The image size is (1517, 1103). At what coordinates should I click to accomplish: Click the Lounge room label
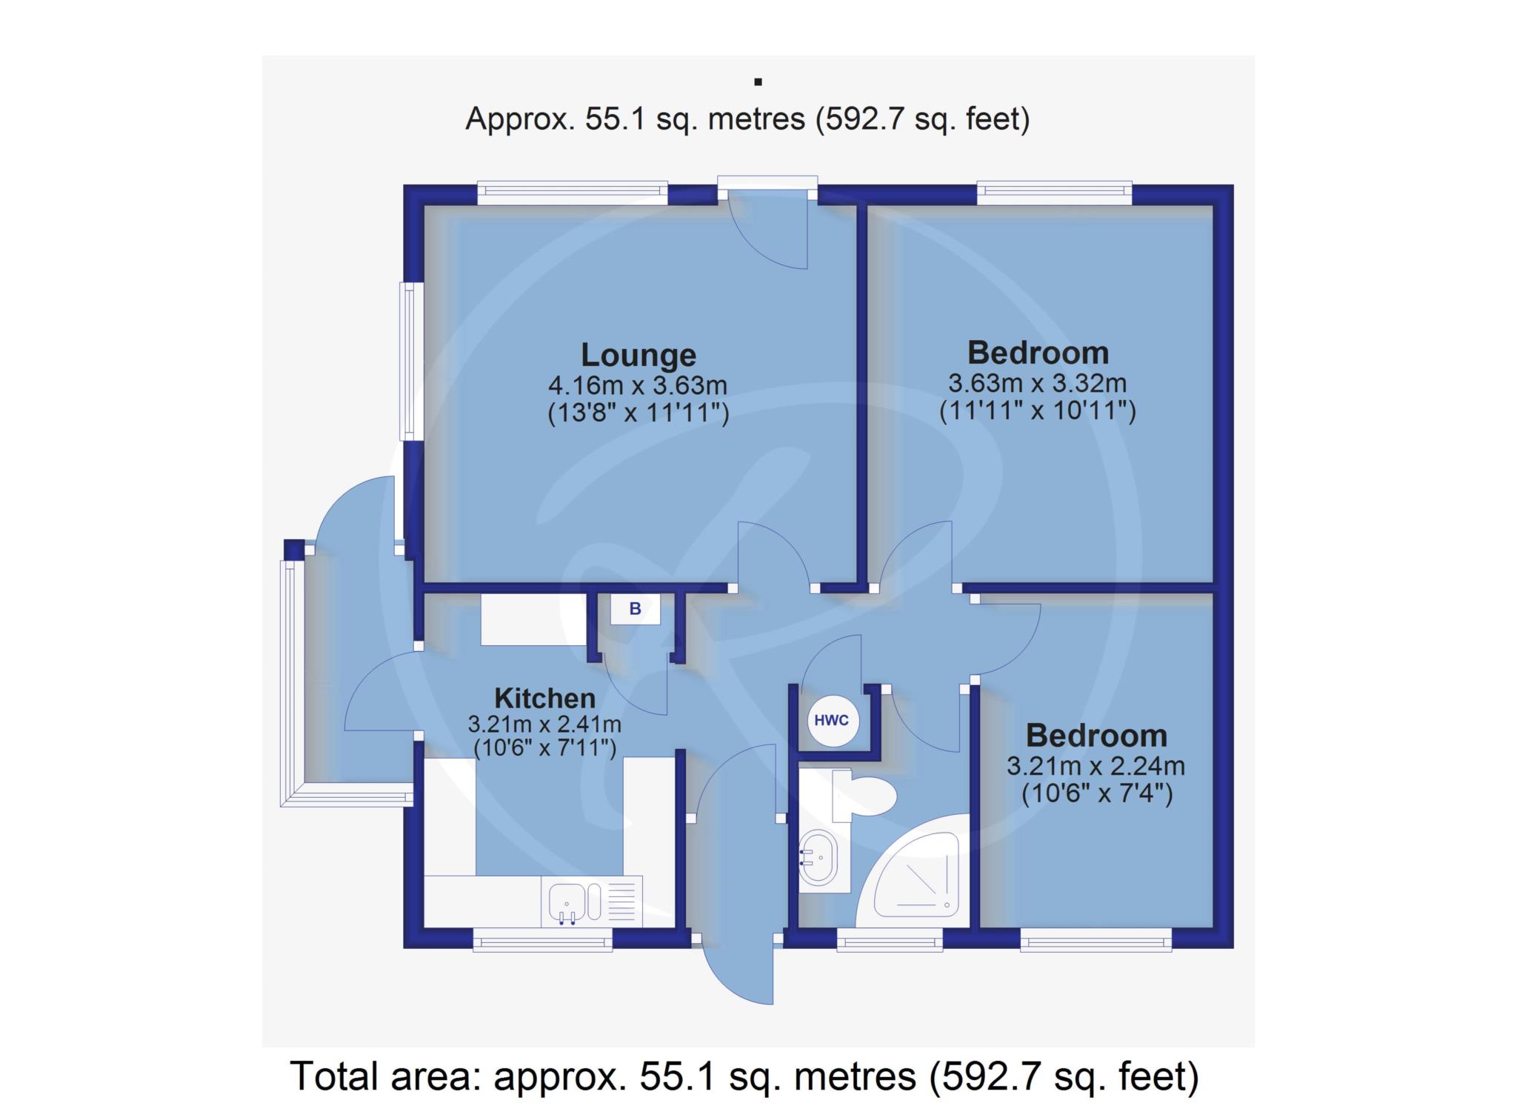pyautogui.click(x=638, y=356)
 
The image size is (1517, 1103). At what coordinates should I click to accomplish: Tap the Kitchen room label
pyautogui.click(x=544, y=699)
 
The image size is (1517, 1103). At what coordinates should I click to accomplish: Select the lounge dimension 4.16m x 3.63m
pyautogui.click(x=637, y=386)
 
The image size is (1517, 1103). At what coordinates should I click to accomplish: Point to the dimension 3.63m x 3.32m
pyautogui.click(x=1037, y=384)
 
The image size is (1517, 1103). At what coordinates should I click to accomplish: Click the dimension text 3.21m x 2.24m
pyautogui.click(x=1096, y=765)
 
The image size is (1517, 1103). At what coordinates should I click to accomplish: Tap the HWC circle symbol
pyautogui.click(x=833, y=720)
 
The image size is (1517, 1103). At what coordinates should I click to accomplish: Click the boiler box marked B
pyautogui.click(x=635, y=609)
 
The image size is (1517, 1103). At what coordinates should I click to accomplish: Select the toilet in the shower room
pyautogui.click(x=864, y=796)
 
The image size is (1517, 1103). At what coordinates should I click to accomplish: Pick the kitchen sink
pyautogui.click(x=592, y=902)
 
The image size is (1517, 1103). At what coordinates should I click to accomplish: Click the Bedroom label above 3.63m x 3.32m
pyautogui.click(x=1038, y=353)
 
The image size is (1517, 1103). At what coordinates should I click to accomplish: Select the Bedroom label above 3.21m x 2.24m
pyautogui.click(x=1096, y=736)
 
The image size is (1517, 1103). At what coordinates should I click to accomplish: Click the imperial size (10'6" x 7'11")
pyautogui.click(x=544, y=748)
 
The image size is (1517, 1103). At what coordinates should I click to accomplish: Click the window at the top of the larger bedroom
pyautogui.click(x=1055, y=193)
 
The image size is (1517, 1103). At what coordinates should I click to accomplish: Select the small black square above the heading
pyautogui.click(x=758, y=82)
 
